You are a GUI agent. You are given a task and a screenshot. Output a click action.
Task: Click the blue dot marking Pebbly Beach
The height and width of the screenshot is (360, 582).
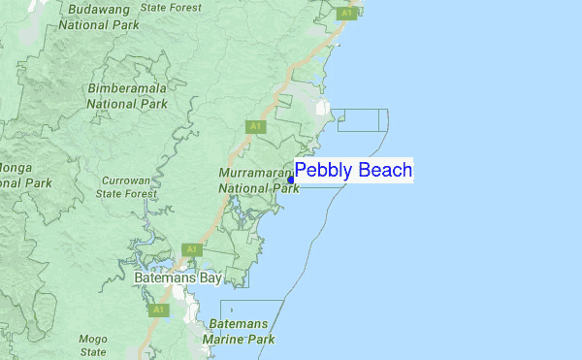[291, 180]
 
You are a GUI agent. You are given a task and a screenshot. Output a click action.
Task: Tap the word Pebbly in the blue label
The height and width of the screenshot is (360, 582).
[324, 172]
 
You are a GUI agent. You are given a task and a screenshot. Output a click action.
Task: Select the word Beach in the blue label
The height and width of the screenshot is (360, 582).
[385, 171]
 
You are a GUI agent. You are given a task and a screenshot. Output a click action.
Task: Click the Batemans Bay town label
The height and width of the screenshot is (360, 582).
[178, 278]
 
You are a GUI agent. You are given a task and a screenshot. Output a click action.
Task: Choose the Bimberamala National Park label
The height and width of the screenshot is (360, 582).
[128, 95]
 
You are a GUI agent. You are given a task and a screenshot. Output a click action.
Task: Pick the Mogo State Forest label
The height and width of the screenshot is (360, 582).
[93, 344]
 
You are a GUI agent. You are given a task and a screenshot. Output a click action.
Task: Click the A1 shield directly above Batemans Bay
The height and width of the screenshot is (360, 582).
[191, 249]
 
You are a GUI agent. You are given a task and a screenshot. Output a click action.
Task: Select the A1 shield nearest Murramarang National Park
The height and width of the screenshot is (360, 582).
[254, 126]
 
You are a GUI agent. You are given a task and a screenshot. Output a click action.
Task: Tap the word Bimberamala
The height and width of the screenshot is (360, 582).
[128, 88]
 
